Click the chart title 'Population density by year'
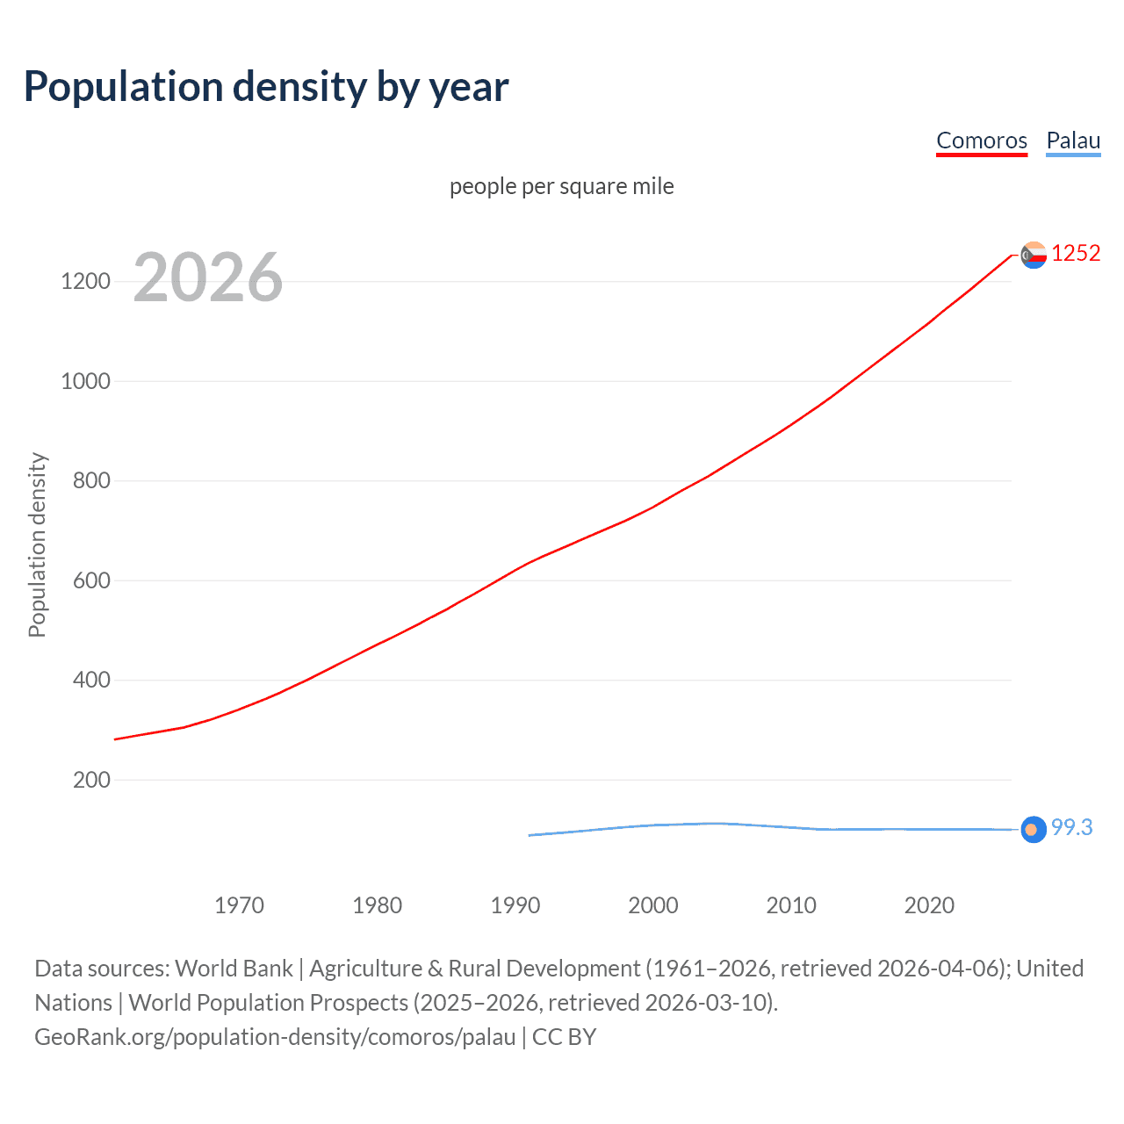tap(266, 87)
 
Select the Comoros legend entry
tap(981, 140)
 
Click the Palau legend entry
tap(1073, 140)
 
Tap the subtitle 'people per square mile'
tap(561, 186)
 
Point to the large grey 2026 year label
tap(208, 277)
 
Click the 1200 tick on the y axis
tap(86, 282)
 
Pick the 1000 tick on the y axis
tap(86, 381)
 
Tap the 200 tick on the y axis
tap(91, 780)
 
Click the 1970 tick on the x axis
tap(239, 905)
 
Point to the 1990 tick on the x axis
tap(515, 905)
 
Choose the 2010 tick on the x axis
tap(791, 905)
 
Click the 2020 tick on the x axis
tap(929, 905)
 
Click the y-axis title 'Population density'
tap(37, 544)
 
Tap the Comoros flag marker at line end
tap(1034, 255)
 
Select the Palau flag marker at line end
tap(1034, 829)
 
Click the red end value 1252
tap(1076, 254)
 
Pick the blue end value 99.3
tap(1071, 828)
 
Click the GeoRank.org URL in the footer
tap(275, 1037)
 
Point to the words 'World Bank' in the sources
tap(234, 969)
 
